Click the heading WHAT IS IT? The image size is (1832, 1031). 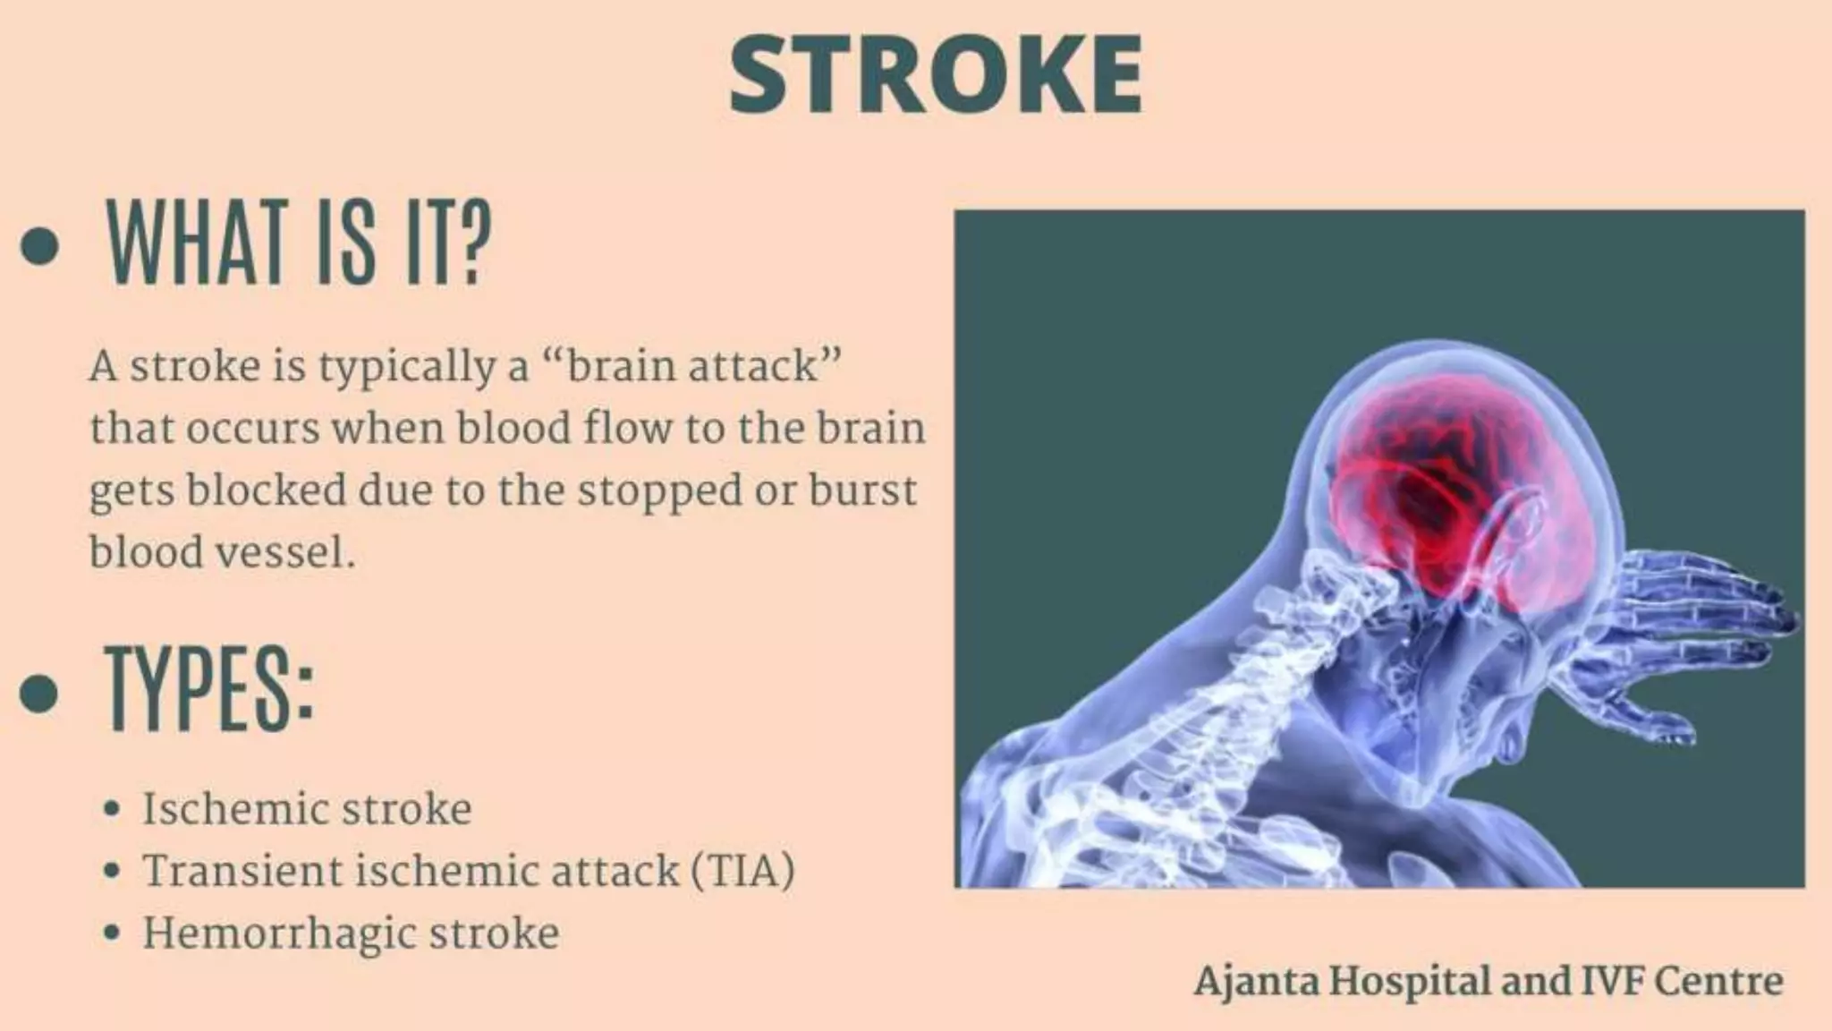pos(299,243)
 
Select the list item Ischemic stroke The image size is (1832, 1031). pos(307,809)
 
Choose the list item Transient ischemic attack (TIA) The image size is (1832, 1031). pos(468,871)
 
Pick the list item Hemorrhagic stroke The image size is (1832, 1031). pos(351,933)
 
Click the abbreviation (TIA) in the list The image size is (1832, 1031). pos(742,871)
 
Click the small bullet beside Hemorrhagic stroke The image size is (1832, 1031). pos(112,933)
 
